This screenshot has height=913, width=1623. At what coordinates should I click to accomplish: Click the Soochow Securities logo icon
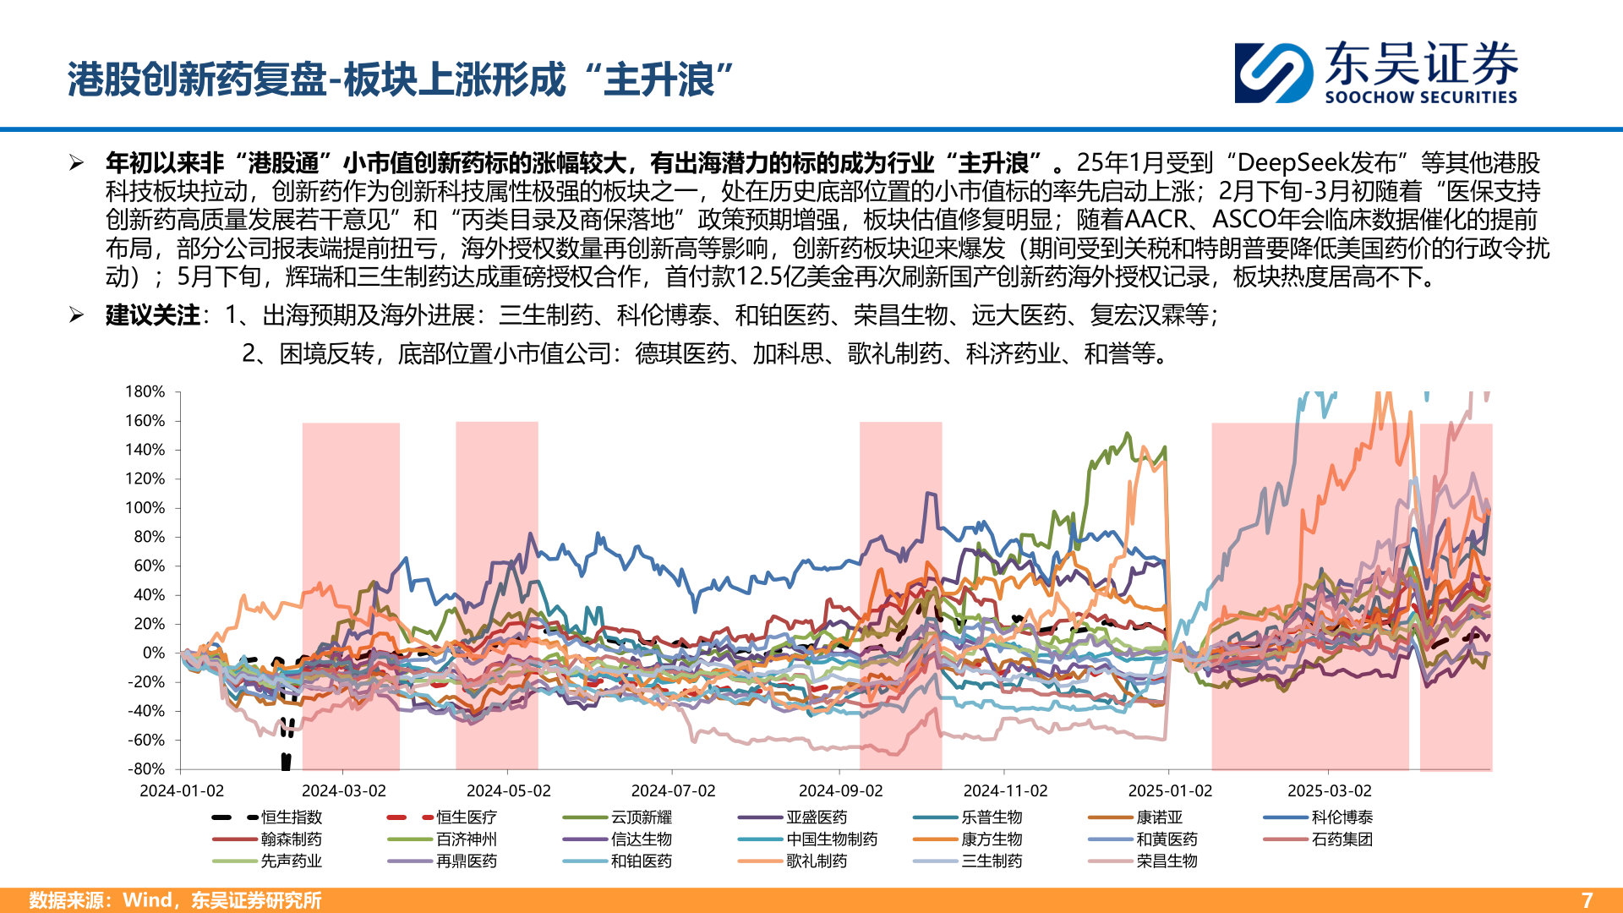[1274, 73]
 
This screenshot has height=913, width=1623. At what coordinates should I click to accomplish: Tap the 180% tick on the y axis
[145, 391]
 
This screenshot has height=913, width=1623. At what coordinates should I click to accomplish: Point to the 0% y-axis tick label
[154, 653]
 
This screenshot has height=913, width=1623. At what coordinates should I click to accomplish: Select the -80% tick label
[146, 768]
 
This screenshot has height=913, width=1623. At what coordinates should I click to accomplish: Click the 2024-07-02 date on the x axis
[673, 790]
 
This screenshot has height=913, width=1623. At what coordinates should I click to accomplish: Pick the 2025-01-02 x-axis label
[1170, 790]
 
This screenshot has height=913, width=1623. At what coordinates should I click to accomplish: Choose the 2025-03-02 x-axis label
[1329, 790]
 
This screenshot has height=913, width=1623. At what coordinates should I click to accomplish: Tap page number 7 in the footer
[1587, 900]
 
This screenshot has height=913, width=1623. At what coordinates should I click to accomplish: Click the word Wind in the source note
[148, 900]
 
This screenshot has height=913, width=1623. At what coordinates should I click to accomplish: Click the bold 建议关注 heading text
[153, 315]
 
